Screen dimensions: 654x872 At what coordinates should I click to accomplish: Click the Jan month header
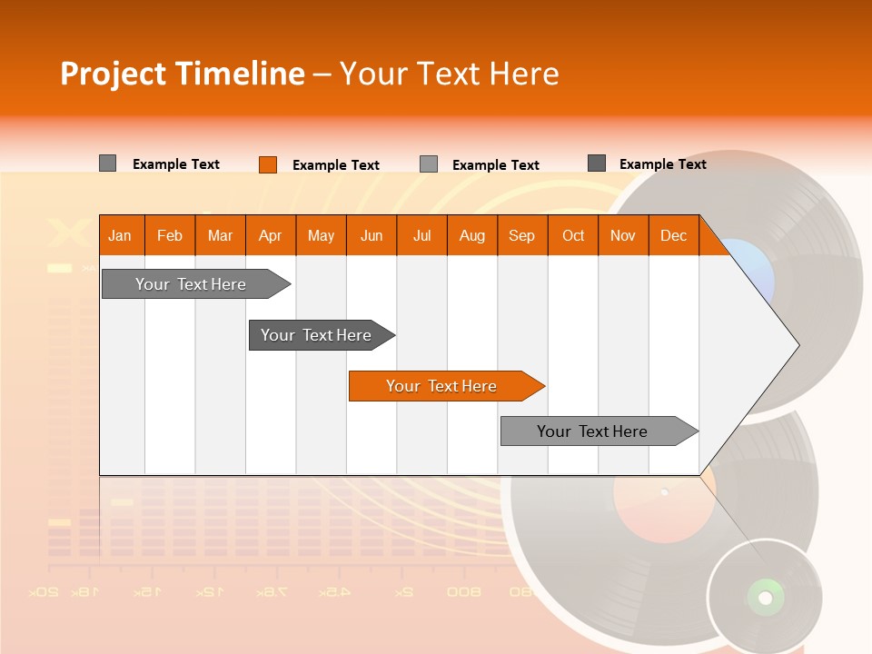pos(120,235)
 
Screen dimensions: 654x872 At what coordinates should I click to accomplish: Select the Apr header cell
pos(270,235)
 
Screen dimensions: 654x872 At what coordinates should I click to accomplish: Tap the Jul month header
pos(421,235)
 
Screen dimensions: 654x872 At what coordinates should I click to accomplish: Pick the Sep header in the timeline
pos(521,235)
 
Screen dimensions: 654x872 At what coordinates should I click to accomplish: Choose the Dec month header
pos(673,235)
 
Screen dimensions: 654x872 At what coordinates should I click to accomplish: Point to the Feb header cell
pos(170,235)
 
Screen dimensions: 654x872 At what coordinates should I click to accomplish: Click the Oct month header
pos(573,235)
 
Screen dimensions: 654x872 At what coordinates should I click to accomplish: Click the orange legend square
pos(267,164)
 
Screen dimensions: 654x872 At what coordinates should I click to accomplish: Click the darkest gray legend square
pos(597,163)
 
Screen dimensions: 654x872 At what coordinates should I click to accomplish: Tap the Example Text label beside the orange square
pos(336,165)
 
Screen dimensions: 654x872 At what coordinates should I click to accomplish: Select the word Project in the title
pos(114,74)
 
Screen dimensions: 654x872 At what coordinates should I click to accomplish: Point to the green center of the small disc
pos(765,597)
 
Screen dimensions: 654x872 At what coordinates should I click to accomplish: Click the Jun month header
pos(372,235)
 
